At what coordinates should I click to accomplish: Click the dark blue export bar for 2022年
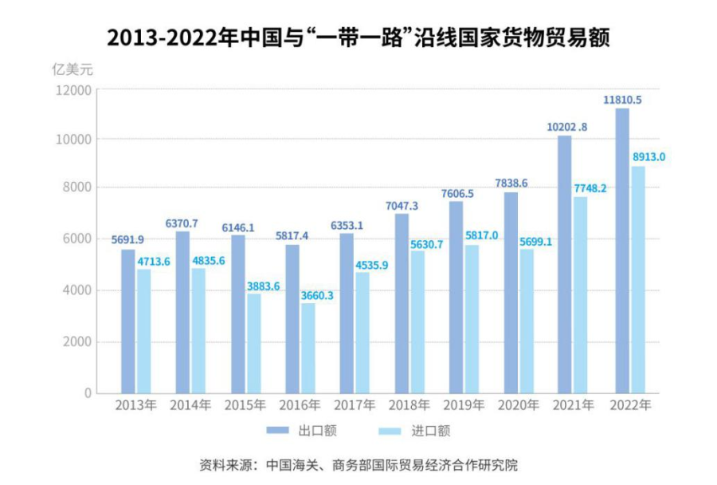(x=622, y=250)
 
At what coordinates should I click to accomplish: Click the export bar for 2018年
(x=402, y=303)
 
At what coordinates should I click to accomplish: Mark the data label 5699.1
(x=537, y=241)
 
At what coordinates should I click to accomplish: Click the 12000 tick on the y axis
(x=74, y=90)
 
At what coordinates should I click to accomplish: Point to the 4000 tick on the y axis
(x=77, y=291)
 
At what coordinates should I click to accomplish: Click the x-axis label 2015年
(x=245, y=405)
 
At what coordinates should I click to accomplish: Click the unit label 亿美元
(x=72, y=69)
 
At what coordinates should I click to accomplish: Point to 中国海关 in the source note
(x=292, y=464)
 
